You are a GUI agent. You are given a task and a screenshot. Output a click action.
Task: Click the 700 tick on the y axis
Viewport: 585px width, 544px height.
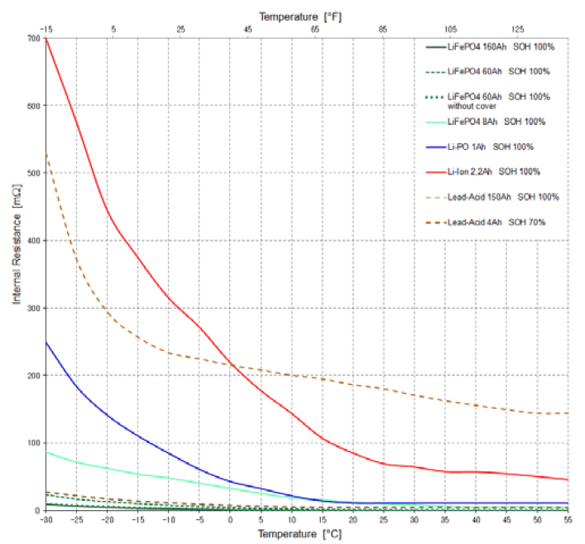[x=33, y=38]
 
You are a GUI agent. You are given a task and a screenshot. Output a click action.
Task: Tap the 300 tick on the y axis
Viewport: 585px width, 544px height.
[x=33, y=308]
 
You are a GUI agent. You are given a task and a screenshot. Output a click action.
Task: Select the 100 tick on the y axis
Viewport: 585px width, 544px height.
[x=33, y=443]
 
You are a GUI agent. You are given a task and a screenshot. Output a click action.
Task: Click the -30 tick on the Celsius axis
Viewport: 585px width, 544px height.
[x=46, y=520]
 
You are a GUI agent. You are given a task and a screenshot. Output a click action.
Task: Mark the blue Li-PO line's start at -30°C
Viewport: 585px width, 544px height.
[x=46, y=342]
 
